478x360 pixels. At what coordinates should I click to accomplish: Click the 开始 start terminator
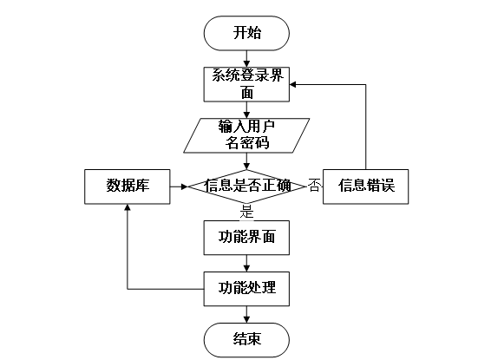246,33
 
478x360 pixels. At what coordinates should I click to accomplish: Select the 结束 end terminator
246,340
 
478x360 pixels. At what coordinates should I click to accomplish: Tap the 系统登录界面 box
246,84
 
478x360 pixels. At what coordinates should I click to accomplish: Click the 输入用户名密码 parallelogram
246,135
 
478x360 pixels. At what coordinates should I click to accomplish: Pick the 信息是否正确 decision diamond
246,187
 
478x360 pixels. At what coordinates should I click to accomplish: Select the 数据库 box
128,187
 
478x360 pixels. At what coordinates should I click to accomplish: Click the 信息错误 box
365,187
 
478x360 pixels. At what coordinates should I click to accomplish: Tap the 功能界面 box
246,238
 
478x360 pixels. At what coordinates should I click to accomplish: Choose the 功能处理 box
246,289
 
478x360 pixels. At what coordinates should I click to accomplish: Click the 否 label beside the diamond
314,185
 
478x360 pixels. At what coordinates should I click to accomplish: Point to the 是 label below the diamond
246,212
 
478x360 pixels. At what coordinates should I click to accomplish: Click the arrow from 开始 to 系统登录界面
246,59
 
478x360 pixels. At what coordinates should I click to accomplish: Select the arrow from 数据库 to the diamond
179,187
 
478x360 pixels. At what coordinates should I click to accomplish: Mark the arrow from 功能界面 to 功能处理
246,263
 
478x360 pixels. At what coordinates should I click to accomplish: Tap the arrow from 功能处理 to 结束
246,314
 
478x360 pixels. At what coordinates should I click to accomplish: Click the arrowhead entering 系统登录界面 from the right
292,84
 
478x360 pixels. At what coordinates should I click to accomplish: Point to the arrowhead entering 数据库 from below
128,207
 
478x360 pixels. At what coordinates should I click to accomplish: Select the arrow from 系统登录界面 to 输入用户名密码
246,110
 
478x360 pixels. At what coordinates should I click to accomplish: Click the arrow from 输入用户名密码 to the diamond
246,161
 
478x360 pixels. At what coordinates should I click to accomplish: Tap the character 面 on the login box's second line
247,92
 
